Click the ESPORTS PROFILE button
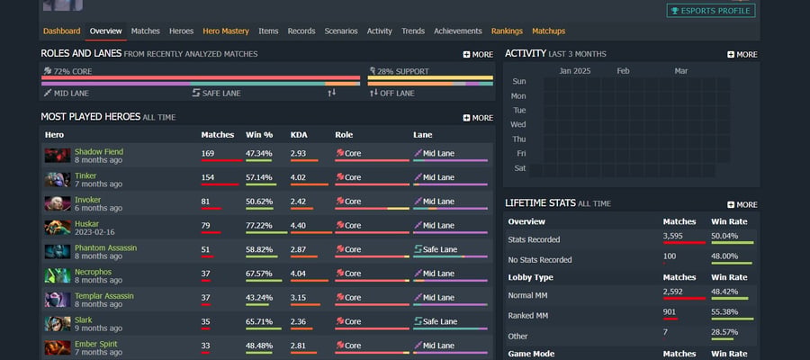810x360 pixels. click(711, 10)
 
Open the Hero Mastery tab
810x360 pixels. click(226, 31)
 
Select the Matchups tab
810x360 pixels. click(549, 31)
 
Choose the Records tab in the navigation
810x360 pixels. click(301, 31)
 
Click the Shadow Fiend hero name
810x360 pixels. click(99, 152)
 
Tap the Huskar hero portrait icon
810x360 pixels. click(58, 228)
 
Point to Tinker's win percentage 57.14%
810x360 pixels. click(259, 177)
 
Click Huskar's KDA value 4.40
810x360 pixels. click(299, 225)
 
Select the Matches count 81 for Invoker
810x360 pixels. click(205, 202)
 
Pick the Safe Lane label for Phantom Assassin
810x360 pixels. click(439, 249)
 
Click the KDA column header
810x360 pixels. click(299, 135)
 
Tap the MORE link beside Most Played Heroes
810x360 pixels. click(478, 118)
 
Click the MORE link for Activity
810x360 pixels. click(742, 54)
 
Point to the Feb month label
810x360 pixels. click(623, 71)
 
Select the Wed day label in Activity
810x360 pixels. click(518, 124)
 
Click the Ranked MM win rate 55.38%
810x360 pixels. click(724, 312)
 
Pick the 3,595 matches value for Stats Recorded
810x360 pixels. click(673, 236)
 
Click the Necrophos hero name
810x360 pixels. click(93, 272)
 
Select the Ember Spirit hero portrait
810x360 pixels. click(58, 347)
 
